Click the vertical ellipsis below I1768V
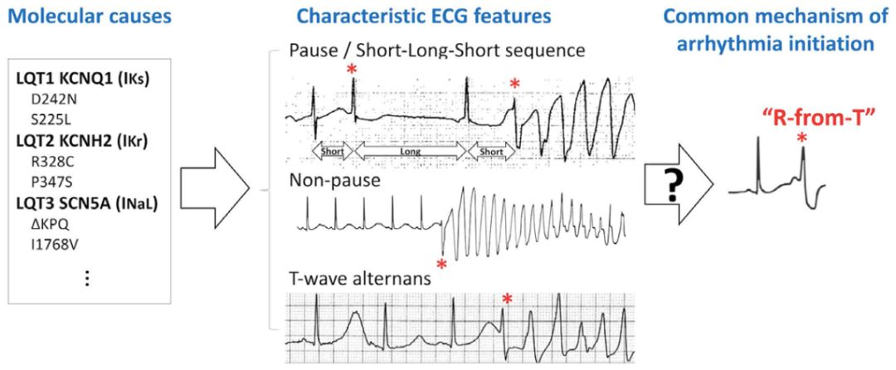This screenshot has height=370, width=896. [87, 277]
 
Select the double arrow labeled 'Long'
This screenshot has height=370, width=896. [411, 152]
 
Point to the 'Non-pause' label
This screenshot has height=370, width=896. [322, 180]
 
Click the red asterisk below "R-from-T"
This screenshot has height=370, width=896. [802, 137]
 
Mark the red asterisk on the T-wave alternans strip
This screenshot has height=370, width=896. [506, 299]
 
